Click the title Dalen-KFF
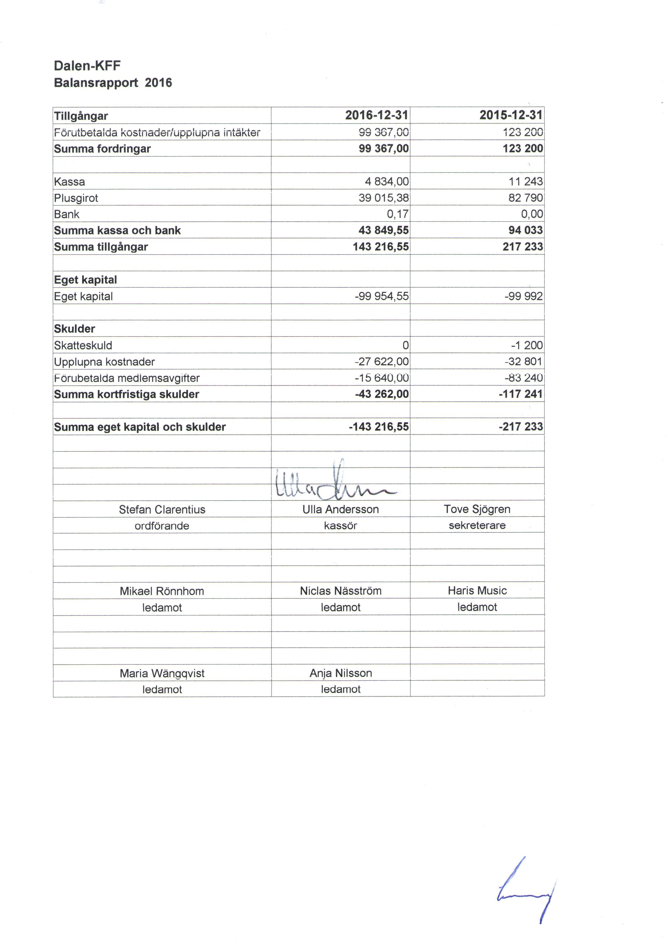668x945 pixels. point(87,66)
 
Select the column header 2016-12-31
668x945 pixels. point(377,115)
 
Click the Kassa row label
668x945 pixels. point(69,182)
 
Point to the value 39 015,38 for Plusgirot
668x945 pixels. point(384,198)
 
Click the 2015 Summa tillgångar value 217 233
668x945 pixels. point(522,246)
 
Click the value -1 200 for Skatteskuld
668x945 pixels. point(527,345)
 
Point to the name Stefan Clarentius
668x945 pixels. point(162,510)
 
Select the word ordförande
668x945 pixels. point(162,526)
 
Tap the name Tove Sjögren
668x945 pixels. point(477,509)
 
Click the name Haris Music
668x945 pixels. point(477,591)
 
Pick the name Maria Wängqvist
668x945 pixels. point(162,673)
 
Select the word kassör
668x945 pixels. point(340,526)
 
